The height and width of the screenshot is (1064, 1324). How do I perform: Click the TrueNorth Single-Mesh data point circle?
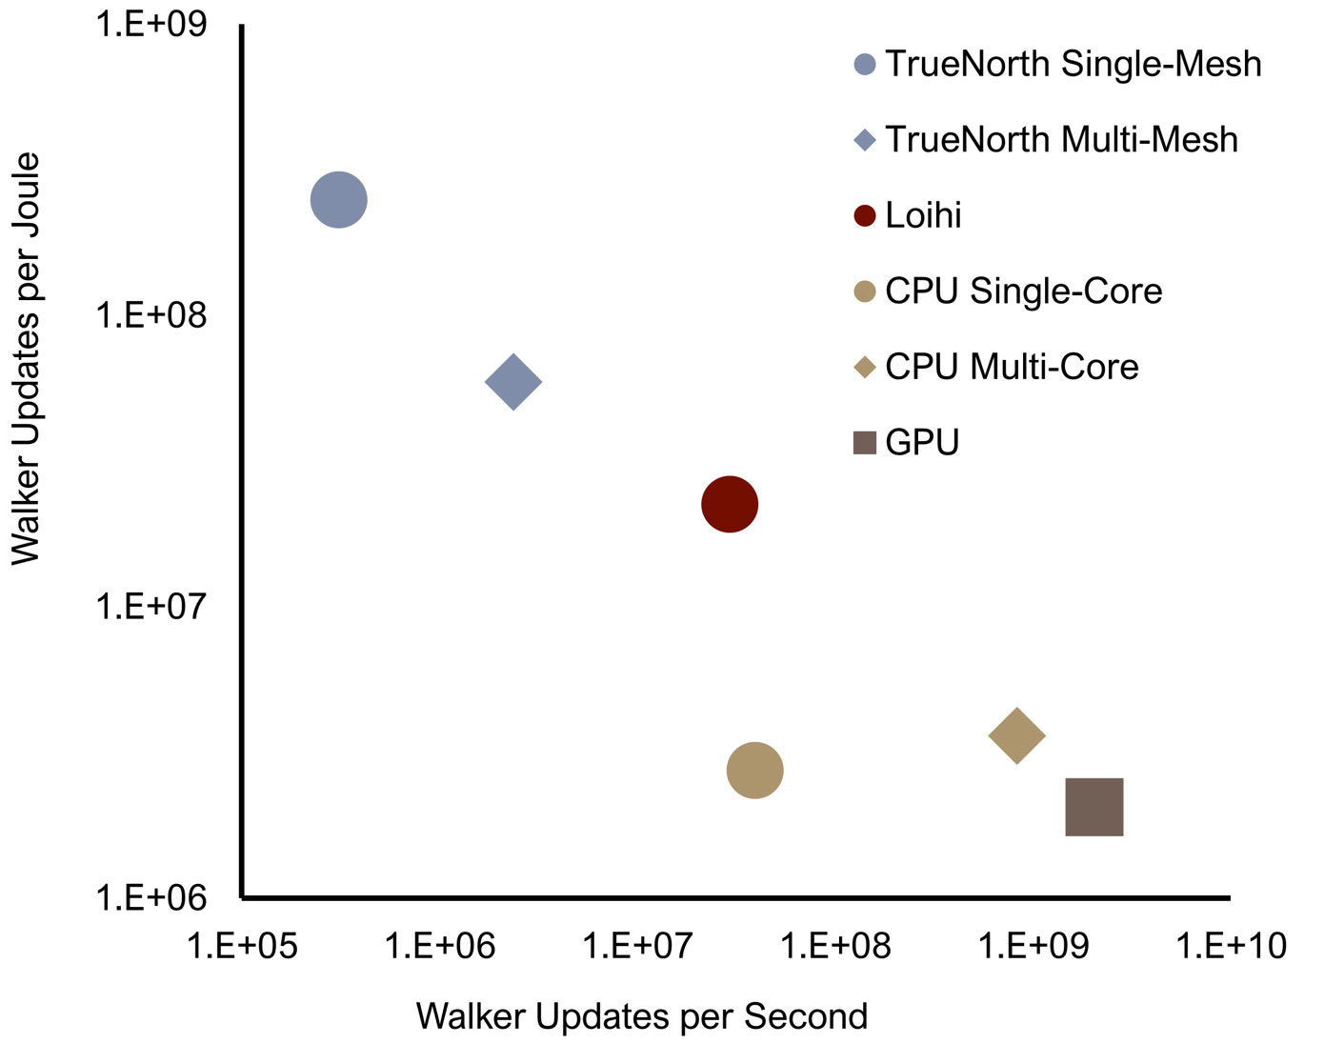point(339,200)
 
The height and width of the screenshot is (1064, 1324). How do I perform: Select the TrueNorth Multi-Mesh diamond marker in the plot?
point(513,382)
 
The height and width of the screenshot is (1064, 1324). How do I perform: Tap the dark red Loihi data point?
point(730,504)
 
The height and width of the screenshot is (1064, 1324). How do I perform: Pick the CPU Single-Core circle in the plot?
point(754,770)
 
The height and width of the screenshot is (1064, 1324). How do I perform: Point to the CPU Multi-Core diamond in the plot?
point(1017,735)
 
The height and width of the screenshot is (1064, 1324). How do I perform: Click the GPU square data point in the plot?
point(1093,807)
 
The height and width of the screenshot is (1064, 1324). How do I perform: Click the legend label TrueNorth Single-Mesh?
point(1073,64)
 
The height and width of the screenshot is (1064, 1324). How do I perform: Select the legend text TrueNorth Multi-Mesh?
point(1061,140)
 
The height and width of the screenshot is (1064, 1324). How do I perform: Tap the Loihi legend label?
point(923,215)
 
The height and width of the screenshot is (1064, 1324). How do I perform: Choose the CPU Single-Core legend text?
point(1023,291)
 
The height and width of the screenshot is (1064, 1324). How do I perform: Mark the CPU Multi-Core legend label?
point(1012,367)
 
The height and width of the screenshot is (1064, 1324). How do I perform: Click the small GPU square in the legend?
point(864,442)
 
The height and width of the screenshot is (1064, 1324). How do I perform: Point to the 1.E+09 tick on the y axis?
point(150,24)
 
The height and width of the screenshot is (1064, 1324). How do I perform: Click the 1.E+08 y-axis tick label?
point(150,314)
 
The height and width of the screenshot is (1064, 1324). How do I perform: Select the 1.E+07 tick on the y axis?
point(150,606)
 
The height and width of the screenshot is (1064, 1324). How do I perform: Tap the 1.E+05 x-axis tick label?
point(242,946)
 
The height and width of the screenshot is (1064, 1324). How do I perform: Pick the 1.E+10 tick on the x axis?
point(1231,946)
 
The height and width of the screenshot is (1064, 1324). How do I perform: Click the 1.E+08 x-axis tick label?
point(835,946)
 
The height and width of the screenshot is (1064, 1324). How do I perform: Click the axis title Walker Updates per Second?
point(642,1016)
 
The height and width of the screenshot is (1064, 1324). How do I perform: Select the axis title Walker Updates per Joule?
point(26,358)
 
